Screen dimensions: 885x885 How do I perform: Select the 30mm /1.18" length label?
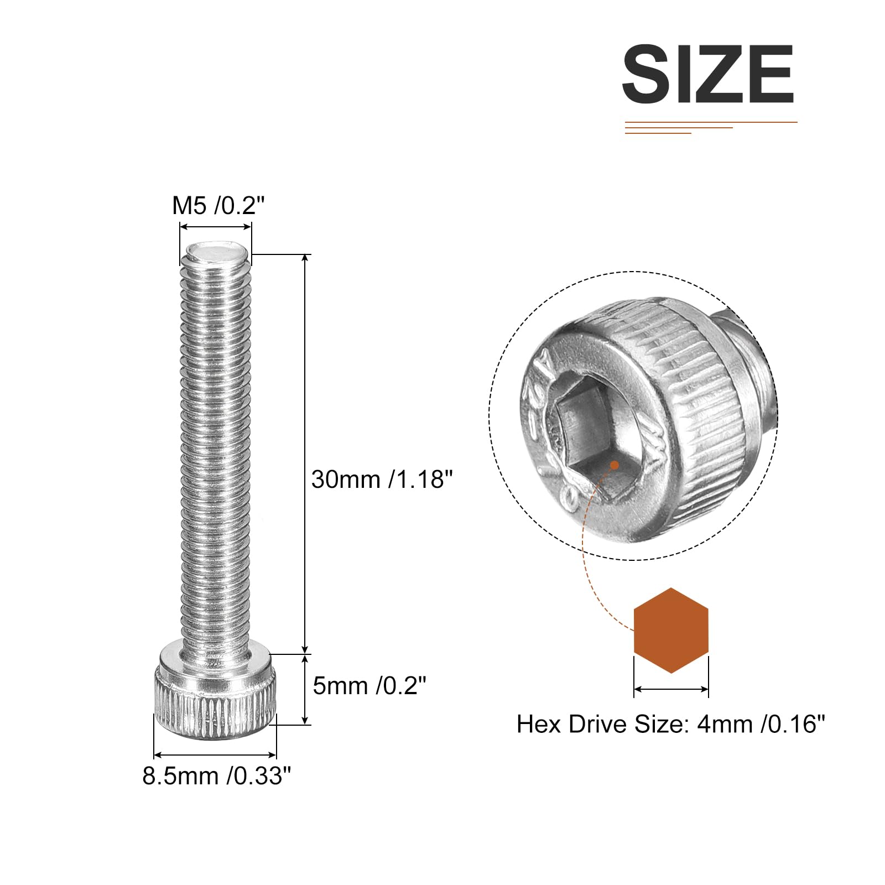point(382,479)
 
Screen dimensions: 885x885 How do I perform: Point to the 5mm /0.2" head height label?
point(369,686)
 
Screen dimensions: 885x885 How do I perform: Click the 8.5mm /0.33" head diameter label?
point(216,775)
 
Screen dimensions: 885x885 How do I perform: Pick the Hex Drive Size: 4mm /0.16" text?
point(670,724)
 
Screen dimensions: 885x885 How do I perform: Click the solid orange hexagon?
point(671,631)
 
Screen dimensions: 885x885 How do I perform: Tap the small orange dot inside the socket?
point(614,465)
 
